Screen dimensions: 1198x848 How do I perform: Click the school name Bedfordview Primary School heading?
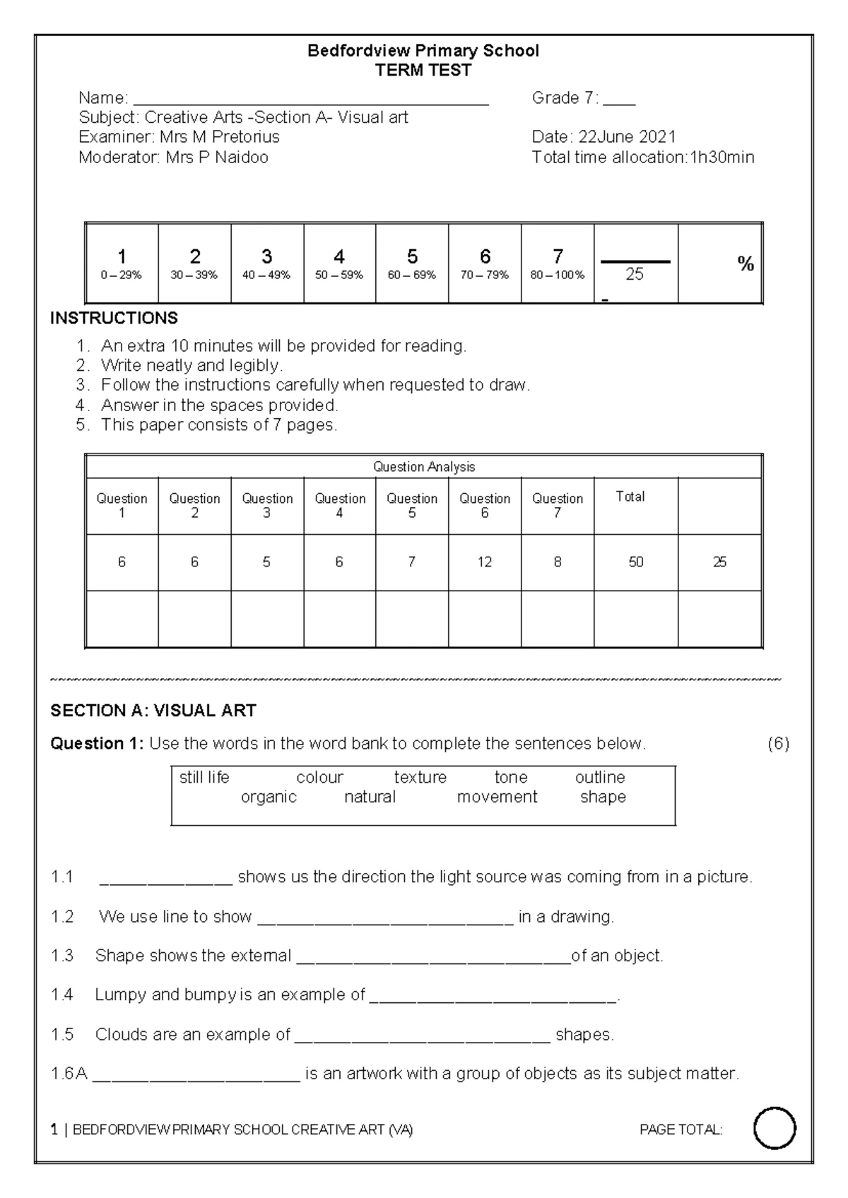coord(423,51)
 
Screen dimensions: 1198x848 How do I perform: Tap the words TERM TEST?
coord(423,71)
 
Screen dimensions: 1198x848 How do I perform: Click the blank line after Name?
coord(311,99)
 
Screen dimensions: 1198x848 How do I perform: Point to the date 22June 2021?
coord(628,137)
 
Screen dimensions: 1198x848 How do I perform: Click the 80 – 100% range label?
coord(557,275)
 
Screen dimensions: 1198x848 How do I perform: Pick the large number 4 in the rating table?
coord(339,256)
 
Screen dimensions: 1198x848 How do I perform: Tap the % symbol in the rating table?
coord(746,264)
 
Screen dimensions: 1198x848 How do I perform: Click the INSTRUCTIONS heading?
coord(114,319)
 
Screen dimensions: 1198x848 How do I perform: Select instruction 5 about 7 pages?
coord(219,425)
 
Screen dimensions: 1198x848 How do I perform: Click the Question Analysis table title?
coord(423,467)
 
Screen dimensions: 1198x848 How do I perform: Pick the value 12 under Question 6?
coord(484,562)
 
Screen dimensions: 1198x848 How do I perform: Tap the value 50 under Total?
coord(635,562)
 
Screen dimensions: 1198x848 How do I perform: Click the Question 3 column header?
coord(267,506)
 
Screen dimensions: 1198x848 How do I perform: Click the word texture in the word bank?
coord(420,778)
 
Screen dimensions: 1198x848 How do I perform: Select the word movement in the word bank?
coord(497,797)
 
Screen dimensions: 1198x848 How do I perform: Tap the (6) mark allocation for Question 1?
coord(777,744)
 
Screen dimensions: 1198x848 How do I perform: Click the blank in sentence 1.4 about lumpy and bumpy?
coord(493,996)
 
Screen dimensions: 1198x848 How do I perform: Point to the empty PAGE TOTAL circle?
coord(775,1129)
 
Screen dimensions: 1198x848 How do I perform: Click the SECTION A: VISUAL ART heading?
coord(153,711)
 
